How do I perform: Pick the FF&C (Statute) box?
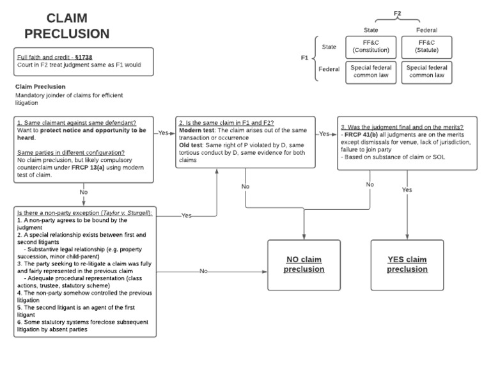pyautogui.click(x=426, y=46)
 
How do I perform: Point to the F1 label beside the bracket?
pyautogui.click(x=306, y=58)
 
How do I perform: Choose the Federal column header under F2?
pyautogui.click(x=426, y=29)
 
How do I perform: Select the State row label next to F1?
pyautogui.click(x=329, y=47)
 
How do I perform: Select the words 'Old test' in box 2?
pyautogui.click(x=192, y=145)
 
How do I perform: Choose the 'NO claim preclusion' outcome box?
pyautogui.click(x=304, y=264)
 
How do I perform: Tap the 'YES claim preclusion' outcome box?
pyautogui.click(x=407, y=264)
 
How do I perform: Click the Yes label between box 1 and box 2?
pyautogui.click(x=164, y=134)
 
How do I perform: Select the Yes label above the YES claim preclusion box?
pyautogui.click(x=407, y=190)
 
